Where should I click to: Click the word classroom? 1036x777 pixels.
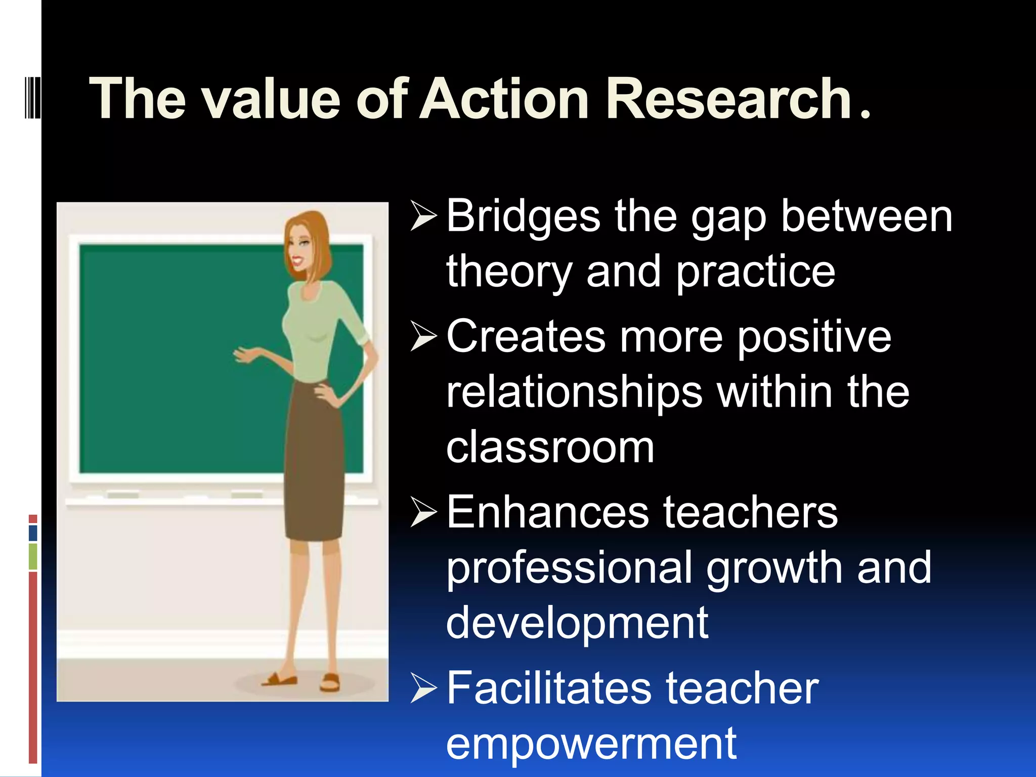click(550, 447)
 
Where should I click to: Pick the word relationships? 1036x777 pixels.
click(574, 393)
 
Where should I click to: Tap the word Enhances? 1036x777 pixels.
click(547, 512)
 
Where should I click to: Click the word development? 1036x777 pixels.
click(577, 623)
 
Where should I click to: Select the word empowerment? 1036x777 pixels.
click(591, 743)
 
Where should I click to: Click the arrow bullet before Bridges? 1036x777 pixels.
click(423, 216)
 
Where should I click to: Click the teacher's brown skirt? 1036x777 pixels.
click(314, 465)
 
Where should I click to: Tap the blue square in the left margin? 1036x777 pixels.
click(33, 533)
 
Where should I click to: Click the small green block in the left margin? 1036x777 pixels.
click(33, 556)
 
